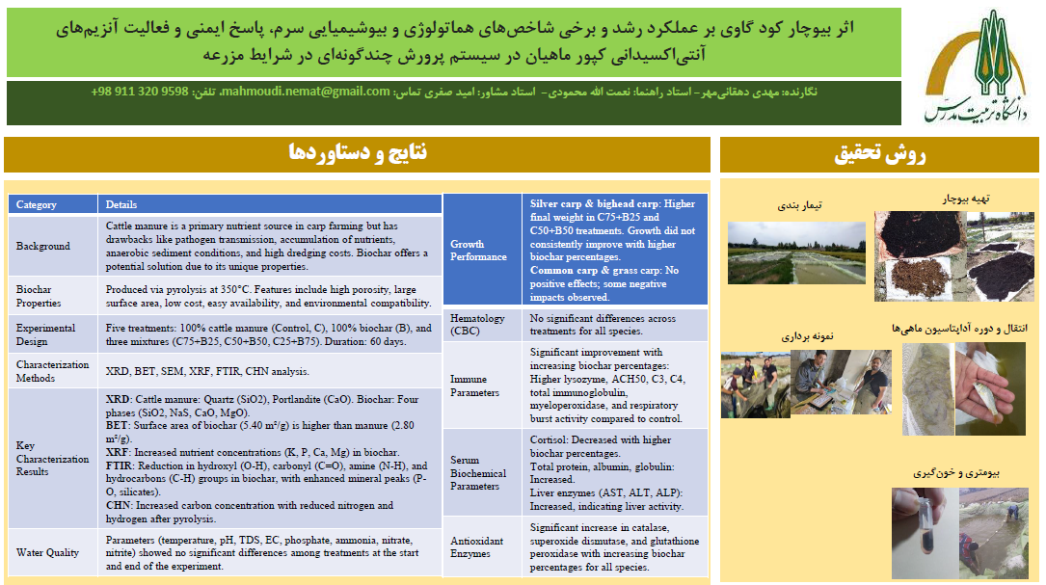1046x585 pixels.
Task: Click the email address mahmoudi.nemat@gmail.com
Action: click(x=308, y=92)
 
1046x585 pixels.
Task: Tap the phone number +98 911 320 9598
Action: click(x=140, y=92)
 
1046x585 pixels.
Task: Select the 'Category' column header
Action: click(x=37, y=204)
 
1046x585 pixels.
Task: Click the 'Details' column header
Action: click(x=121, y=204)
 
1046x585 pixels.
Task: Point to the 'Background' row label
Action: click(x=43, y=246)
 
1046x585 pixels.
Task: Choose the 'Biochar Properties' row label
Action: click(x=39, y=296)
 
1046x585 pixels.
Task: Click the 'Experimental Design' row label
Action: click(x=45, y=333)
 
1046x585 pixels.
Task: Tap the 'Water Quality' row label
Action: click(x=48, y=552)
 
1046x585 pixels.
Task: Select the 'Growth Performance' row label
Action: click(x=478, y=251)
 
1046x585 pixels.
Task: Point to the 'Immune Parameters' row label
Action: click(x=475, y=386)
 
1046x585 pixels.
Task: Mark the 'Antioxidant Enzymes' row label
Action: click(x=477, y=547)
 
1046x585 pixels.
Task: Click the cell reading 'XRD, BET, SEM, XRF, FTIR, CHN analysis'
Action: click(x=207, y=371)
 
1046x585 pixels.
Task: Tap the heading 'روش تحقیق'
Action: click(x=879, y=153)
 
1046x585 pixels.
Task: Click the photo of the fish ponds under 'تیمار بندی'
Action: click(x=784, y=253)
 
